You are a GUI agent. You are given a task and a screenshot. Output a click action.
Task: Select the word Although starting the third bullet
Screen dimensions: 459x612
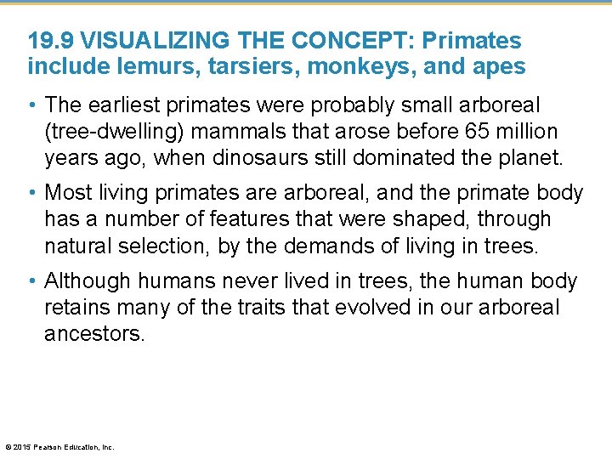(86, 281)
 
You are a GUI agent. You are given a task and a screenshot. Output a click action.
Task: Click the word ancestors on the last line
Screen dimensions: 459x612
(94, 333)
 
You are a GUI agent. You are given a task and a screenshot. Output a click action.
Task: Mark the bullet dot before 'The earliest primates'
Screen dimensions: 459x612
(32, 106)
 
